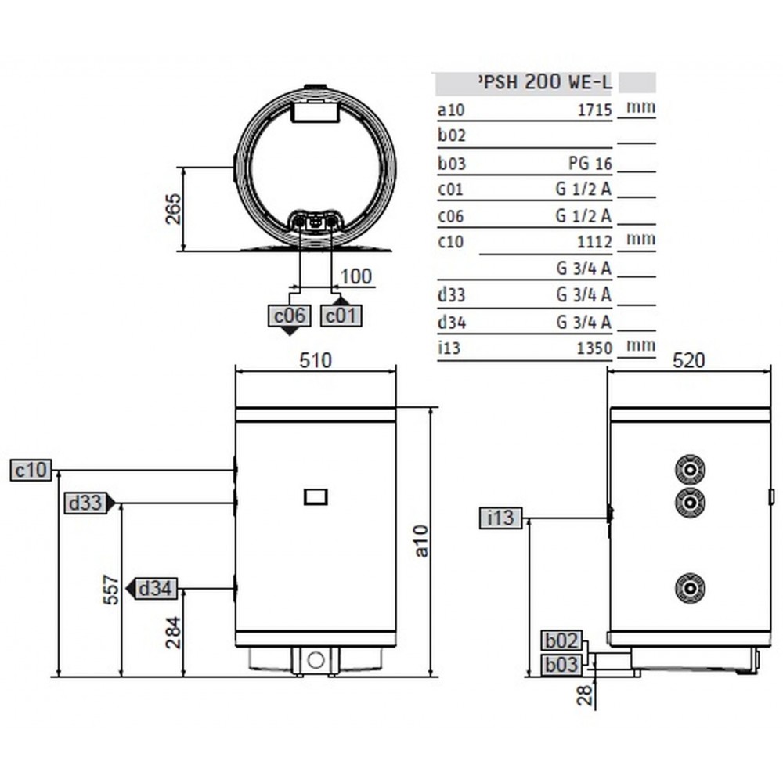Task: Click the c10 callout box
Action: tap(31, 471)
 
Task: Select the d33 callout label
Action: tap(85, 503)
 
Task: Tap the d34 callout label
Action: tap(155, 588)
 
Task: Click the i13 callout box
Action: tap(500, 518)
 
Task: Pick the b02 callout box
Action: tap(562, 640)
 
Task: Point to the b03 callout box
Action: tap(562, 665)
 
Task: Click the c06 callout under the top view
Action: tap(289, 316)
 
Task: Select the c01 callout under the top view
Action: tap(341, 316)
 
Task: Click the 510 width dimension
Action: tap(316, 360)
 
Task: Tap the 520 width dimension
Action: tap(688, 360)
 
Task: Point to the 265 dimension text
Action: tap(173, 209)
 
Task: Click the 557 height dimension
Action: tap(111, 590)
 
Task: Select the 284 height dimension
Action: tap(173, 633)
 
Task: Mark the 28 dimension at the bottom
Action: tap(584, 695)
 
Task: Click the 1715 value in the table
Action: tap(595, 110)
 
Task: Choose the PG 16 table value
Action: tap(590, 164)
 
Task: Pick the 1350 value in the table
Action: tap(594, 348)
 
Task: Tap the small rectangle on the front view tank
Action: tap(316, 497)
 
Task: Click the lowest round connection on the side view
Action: tap(690, 588)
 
